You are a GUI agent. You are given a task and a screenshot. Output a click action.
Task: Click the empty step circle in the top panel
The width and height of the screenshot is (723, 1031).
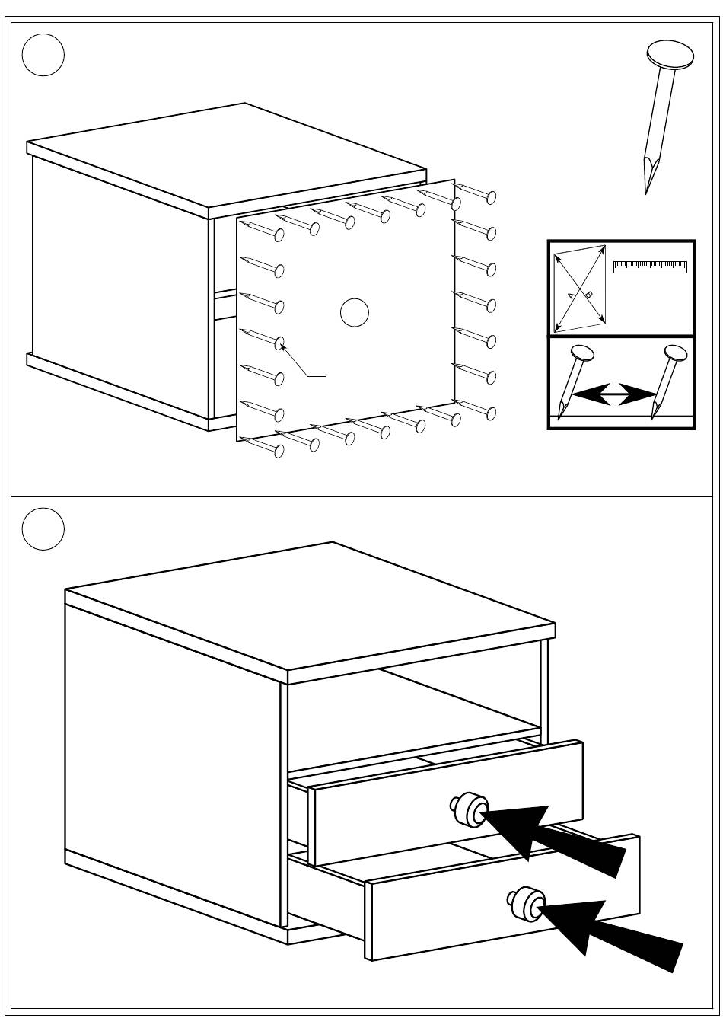click(43, 54)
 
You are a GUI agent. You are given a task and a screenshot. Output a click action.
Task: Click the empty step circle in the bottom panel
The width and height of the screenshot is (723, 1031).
click(43, 528)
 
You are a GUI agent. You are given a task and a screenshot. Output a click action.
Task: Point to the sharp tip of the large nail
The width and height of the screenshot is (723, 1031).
click(646, 190)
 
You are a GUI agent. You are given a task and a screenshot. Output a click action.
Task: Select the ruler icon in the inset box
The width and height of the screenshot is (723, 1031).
click(650, 267)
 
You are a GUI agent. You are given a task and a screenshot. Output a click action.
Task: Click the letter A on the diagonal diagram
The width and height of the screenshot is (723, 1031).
click(571, 295)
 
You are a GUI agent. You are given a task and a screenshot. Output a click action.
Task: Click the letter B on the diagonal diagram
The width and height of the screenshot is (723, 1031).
click(588, 294)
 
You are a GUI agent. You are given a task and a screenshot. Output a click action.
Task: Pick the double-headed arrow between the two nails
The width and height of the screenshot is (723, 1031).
click(614, 394)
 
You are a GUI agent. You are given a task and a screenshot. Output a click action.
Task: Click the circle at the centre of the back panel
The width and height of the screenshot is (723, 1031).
click(354, 313)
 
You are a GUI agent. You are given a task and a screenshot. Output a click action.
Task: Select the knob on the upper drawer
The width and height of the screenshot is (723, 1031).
click(469, 809)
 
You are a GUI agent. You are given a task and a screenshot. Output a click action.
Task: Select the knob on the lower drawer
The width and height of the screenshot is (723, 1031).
click(526, 902)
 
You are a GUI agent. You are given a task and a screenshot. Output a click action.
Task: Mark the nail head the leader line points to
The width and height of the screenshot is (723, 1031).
click(279, 343)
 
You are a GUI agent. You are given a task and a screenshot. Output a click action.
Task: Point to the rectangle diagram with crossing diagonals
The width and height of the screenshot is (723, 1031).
click(580, 289)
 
